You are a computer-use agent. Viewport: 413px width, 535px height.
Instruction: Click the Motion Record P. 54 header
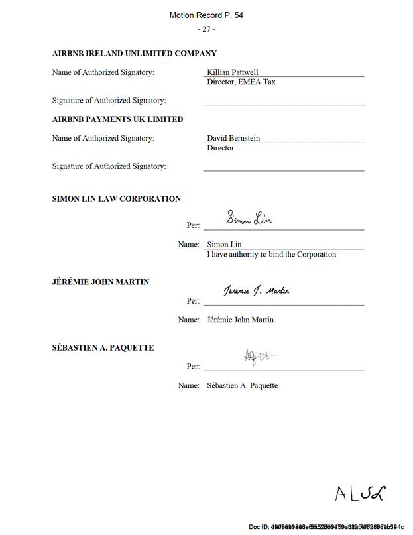206,15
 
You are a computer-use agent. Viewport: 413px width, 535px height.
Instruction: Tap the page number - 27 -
206,30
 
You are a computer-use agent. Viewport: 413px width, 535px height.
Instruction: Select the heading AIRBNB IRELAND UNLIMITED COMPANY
134,54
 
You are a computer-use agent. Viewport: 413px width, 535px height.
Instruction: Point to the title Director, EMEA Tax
241,82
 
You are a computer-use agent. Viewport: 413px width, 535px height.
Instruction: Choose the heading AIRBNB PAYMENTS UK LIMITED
117,119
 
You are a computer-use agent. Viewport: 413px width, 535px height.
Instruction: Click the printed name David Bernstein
233,138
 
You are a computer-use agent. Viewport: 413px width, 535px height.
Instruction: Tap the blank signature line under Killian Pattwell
283,104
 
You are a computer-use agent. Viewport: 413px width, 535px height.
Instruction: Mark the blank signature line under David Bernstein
283,170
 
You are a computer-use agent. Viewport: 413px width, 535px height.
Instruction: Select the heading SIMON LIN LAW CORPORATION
116,199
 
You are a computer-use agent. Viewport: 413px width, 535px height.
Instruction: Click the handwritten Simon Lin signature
249,217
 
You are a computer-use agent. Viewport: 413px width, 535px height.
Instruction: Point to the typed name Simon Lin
224,244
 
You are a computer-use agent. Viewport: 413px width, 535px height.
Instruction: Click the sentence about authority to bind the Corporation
271,254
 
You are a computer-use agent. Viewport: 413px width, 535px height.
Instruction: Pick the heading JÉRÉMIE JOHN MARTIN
101,282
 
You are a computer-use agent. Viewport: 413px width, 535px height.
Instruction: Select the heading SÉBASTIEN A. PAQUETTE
103,347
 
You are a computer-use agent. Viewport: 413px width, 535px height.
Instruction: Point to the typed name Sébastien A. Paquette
242,385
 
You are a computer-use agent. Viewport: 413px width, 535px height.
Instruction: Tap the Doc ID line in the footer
326,527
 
